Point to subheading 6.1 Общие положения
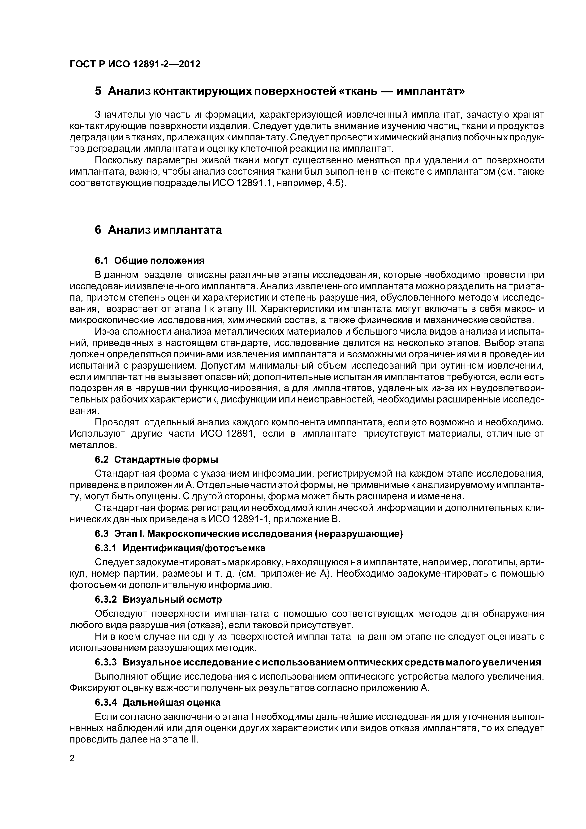pyautogui.click(x=150, y=260)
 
